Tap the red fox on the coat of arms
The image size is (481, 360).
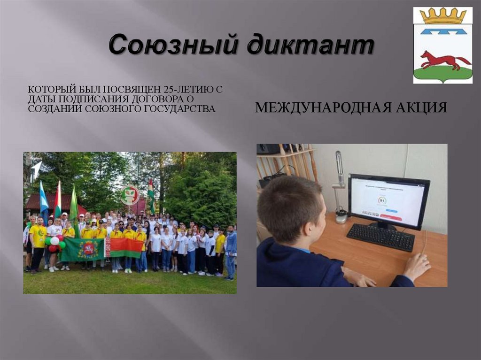(444, 60)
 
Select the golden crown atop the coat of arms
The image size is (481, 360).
(442, 16)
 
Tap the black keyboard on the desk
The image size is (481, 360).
(380, 237)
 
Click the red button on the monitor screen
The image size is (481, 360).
(390, 217)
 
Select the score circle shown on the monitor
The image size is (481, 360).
(382, 200)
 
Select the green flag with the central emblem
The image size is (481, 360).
(83, 249)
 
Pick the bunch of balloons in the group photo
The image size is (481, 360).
(54, 242)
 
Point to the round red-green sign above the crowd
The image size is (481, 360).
(130, 195)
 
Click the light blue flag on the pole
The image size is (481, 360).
(44, 197)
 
